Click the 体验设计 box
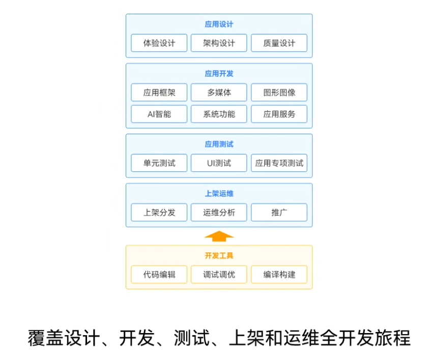click(x=159, y=43)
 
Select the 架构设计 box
click(x=219, y=43)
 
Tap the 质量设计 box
click(x=279, y=43)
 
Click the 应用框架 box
click(x=159, y=93)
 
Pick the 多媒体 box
click(x=219, y=93)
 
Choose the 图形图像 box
click(x=279, y=93)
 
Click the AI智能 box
click(x=159, y=114)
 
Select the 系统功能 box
click(x=219, y=114)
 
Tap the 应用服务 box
click(x=279, y=114)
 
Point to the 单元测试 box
click(x=159, y=163)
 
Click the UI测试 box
click(x=219, y=163)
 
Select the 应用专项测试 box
click(x=279, y=163)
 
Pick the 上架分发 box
click(x=159, y=213)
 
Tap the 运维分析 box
click(x=219, y=213)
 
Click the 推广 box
click(x=279, y=213)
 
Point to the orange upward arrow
click(x=219, y=235)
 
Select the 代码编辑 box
click(x=159, y=275)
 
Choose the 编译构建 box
click(x=279, y=275)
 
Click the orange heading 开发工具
click(x=219, y=256)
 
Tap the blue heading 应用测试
click(x=219, y=144)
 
